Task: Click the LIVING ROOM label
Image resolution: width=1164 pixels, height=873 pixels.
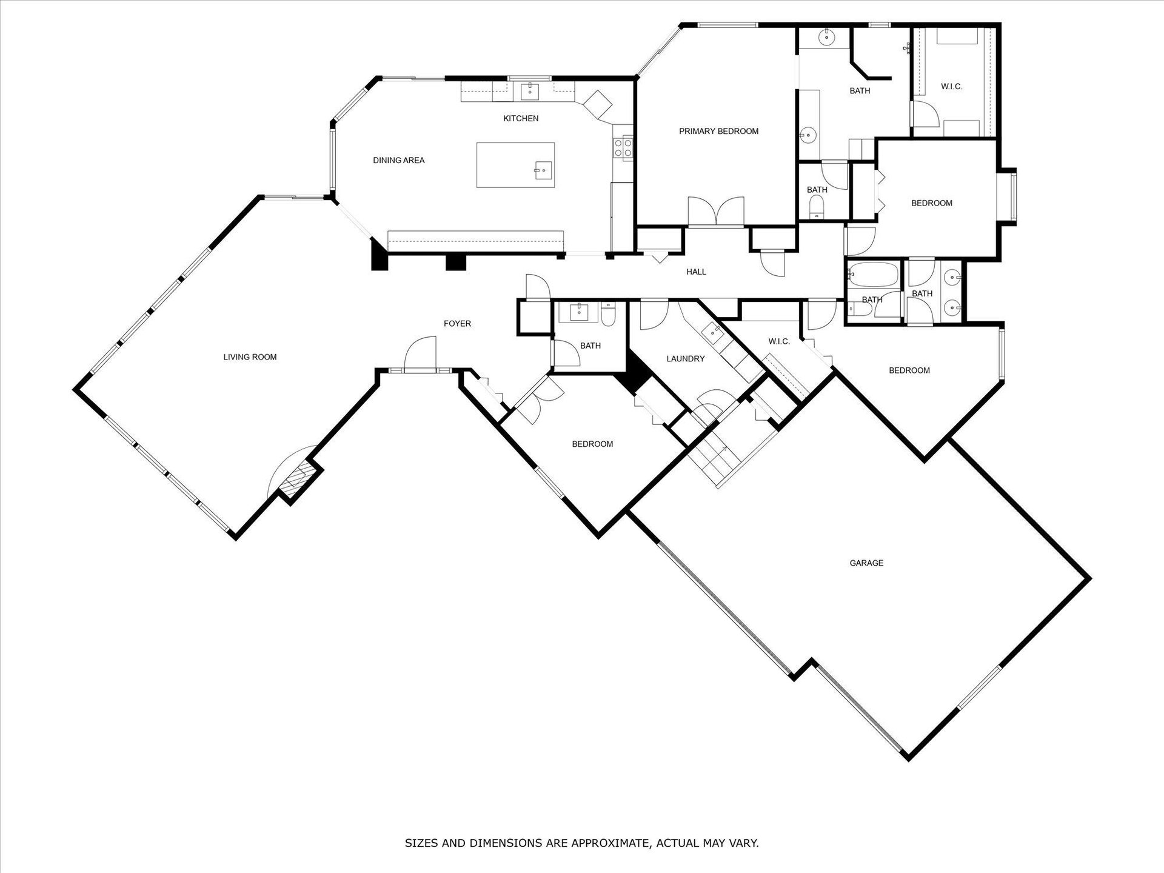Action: pos(250,357)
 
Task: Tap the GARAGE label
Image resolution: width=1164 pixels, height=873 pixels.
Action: pos(866,563)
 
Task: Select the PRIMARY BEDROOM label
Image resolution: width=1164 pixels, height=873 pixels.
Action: pos(718,131)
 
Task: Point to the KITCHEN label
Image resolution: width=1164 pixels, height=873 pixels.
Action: pos(521,118)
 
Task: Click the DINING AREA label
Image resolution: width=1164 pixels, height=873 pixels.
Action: pos(398,160)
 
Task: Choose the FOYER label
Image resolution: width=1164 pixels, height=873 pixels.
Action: pos(457,324)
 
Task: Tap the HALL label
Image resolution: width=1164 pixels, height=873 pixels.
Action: pos(696,272)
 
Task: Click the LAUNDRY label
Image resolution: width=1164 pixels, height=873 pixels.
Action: pos(685,359)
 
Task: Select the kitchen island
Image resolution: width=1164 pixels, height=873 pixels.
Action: pos(515,165)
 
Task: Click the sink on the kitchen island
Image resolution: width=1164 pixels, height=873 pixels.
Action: pos(543,170)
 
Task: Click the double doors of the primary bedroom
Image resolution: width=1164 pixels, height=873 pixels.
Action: pos(716,212)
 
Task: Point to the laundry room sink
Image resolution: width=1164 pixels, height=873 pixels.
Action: pos(712,331)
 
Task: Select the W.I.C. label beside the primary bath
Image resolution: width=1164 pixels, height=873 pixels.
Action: pos(951,87)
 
